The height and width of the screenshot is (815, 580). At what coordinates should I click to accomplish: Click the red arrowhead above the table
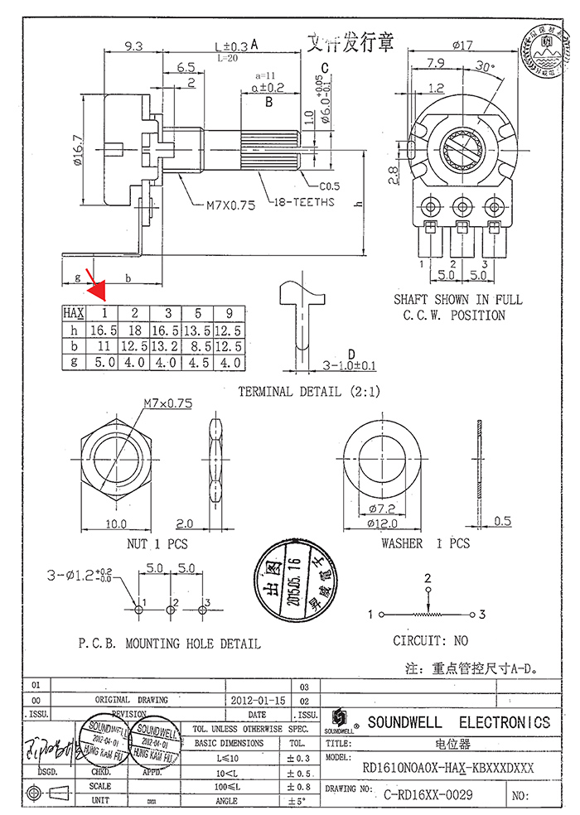point(99,290)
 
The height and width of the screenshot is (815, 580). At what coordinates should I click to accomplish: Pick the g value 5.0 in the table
point(104,363)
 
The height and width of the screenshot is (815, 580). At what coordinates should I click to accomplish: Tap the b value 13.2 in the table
point(167,347)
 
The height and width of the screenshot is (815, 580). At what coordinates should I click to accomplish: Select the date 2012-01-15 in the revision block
point(256,700)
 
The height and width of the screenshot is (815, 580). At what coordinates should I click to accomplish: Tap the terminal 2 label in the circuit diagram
point(428,577)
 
